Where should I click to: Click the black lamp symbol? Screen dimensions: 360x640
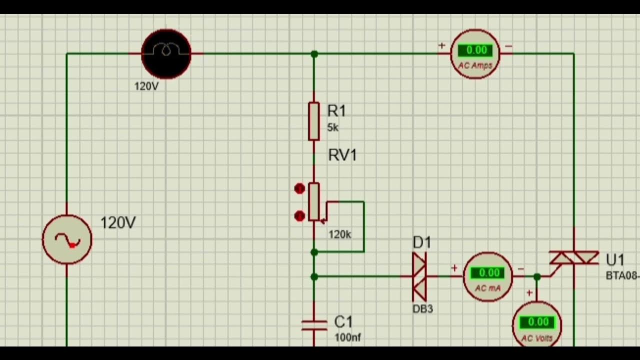point(166,53)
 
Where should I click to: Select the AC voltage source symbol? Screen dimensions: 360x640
point(67,240)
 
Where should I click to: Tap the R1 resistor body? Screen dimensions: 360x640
point(313,121)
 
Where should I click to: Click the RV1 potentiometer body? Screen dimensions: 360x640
point(313,201)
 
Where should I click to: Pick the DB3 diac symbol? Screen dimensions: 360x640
point(419,276)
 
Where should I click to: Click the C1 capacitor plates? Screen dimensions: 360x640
point(313,325)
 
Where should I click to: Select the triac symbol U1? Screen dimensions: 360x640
point(574,258)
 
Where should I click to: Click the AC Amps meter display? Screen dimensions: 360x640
point(476,50)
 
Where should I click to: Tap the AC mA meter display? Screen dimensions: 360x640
point(488,273)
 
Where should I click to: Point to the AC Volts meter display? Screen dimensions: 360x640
point(537,322)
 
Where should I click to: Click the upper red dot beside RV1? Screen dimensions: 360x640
point(299,188)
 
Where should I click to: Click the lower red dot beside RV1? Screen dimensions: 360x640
point(299,216)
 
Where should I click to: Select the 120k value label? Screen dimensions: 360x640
point(340,234)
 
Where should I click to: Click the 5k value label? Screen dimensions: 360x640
point(333,128)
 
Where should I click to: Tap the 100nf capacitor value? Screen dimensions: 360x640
point(347,337)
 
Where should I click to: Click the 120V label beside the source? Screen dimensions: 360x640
point(118,223)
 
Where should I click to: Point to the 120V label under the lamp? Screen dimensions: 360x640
point(146,86)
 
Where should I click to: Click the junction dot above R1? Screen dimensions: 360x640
point(314,53)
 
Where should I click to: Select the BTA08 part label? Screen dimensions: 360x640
point(622,275)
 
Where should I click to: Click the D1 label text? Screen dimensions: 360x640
point(421,243)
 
